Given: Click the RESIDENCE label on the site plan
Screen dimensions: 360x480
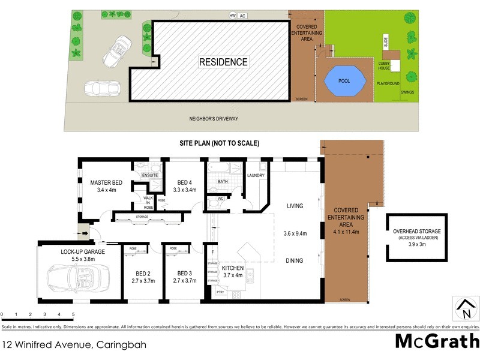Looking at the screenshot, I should point(223,62).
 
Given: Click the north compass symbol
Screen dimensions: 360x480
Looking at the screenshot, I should point(464,309).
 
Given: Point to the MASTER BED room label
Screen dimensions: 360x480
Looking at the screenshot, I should point(107,182).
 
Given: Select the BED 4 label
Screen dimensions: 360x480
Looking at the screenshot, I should point(184,182).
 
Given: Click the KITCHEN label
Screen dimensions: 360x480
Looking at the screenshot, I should point(233,268).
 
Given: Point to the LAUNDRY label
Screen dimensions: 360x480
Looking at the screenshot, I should point(256,176).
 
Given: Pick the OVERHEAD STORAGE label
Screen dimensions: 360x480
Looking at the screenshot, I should point(416,232).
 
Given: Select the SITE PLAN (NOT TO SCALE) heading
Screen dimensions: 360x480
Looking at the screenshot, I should point(219,143).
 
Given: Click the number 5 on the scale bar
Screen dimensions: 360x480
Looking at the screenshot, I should point(73,314).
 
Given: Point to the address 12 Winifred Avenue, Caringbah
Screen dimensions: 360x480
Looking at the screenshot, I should point(74,345).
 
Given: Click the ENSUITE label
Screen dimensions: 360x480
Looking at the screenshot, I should point(149,175).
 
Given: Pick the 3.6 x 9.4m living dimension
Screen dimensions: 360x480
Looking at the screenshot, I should point(295,234).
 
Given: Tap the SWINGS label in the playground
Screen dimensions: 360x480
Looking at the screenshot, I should point(407,92).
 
